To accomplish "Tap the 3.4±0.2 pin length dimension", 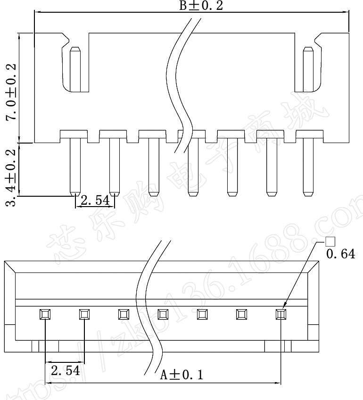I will coord(10,176).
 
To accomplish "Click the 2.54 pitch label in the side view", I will coord(95,201).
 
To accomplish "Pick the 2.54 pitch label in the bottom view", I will coord(65,370).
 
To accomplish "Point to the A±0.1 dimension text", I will coord(181,375).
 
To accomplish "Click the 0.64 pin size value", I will coord(340,255).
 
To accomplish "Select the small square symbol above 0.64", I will coord(330,242).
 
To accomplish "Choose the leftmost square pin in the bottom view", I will coord(45,313).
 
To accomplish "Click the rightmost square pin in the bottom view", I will coord(281,313).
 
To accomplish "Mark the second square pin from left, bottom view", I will coord(84,313).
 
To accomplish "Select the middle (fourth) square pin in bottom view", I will coord(163,313).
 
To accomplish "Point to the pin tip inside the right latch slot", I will coord(308,68).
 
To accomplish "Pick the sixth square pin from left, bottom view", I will coord(242,313).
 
